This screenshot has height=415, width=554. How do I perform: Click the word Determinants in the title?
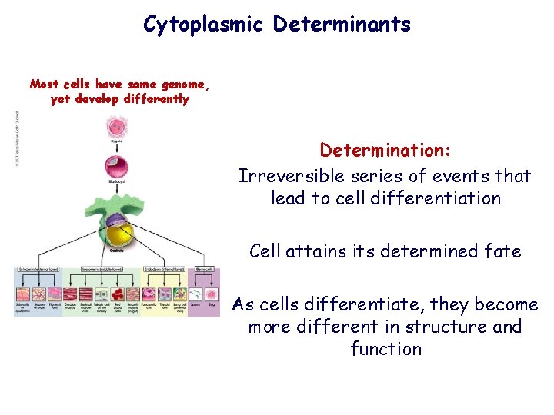[x=342, y=25]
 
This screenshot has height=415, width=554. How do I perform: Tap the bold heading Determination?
[x=385, y=149]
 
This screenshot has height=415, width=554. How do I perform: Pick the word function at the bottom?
[x=385, y=349]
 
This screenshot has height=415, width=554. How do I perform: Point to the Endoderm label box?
[x=164, y=271]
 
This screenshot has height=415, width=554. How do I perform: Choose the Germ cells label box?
[x=204, y=271]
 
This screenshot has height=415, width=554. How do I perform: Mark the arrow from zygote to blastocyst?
[x=118, y=146]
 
